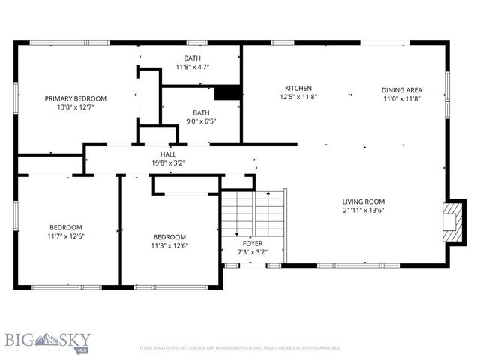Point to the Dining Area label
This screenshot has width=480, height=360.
pyautogui.click(x=402, y=88)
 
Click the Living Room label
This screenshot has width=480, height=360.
pyautogui.click(x=364, y=201)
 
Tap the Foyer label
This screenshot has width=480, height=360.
pyautogui.click(x=252, y=243)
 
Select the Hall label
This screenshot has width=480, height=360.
pyautogui.click(x=168, y=154)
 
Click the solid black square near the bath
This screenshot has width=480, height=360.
pyautogui.click(x=226, y=93)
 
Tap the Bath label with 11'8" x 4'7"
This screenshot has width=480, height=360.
pyautogui.click(x=192, y=58)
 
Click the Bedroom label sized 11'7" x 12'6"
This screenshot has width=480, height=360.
pyautogui.click(x=66, y=227)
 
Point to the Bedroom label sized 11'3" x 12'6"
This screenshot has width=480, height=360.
pyautogui.click(x=169, y=236)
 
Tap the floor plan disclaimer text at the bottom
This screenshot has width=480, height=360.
pyautogui.click(x=240, y=348)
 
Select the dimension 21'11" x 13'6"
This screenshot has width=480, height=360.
pyautogui.click(x=364, y=210)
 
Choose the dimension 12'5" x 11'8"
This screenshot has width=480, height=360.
pyautogui.click(x=298, y=97)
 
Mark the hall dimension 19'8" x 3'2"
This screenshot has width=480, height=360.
pyautogui.click(x=168, y=162)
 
